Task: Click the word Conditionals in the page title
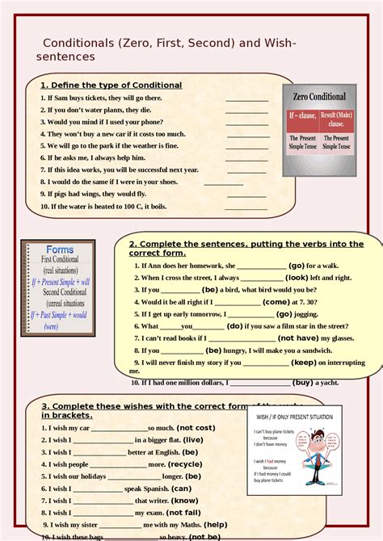pos(79,42)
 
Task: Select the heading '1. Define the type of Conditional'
pos(111,85)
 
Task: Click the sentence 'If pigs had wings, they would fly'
pos(97,194)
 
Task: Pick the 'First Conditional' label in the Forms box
pos(60,260)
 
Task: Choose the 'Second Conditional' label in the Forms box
pos(60,291)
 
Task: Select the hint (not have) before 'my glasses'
pos(298,338)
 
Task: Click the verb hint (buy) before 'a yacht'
pos(303,382)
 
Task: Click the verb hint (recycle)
pos(186,464)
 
